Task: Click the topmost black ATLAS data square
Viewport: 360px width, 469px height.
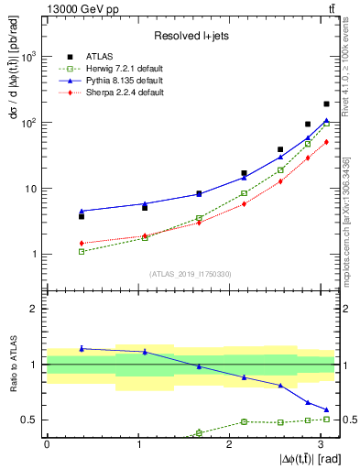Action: (326, 104)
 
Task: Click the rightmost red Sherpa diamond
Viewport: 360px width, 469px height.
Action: (326, 141)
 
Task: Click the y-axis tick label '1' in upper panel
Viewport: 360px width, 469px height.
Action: (37, 255)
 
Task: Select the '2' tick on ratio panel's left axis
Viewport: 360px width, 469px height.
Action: (37, 309)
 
